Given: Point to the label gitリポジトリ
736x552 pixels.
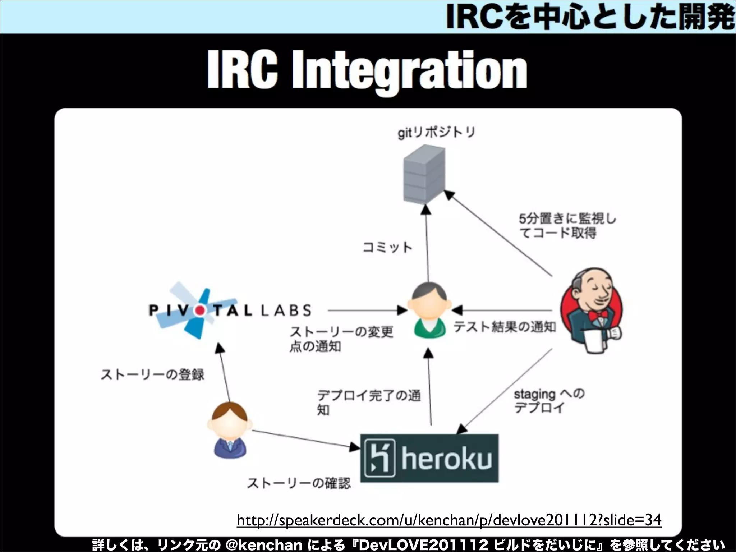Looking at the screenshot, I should [436, 132].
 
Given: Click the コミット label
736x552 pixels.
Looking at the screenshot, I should [387, 247].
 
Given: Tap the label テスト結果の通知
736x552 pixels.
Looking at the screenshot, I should [504, 327].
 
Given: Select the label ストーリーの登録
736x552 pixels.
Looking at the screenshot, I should [152, 375].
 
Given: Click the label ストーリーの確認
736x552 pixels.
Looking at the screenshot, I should [298, 483].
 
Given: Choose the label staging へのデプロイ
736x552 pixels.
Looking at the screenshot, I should [549, 401].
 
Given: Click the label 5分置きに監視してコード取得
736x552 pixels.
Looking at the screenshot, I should [567, 226].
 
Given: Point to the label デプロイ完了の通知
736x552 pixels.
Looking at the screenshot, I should [368, 402].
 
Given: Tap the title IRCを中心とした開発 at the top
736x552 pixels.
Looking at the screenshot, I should [589, 17].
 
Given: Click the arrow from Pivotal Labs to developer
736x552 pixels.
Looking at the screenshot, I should [367, 310].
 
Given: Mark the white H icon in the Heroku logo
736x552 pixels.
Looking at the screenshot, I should [379, 458].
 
